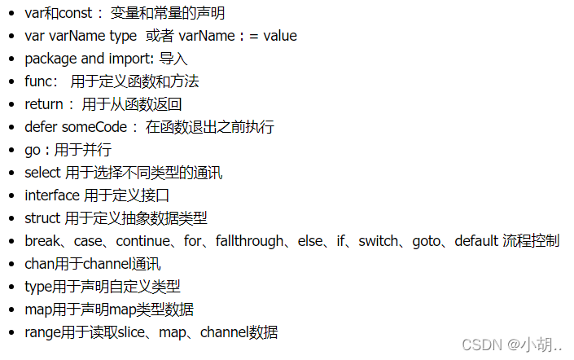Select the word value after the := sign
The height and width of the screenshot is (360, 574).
tap(279, 36)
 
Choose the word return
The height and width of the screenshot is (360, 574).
tap(44, 104)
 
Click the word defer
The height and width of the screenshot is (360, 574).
tap(41, 127)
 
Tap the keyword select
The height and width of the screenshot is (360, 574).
tap(43, 173)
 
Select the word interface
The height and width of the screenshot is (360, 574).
tap(52, 195)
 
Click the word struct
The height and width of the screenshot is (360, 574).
tap(42, 218)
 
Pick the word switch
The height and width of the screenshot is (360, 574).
tap(379, 241)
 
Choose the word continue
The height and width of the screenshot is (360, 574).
tap(142, 241)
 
